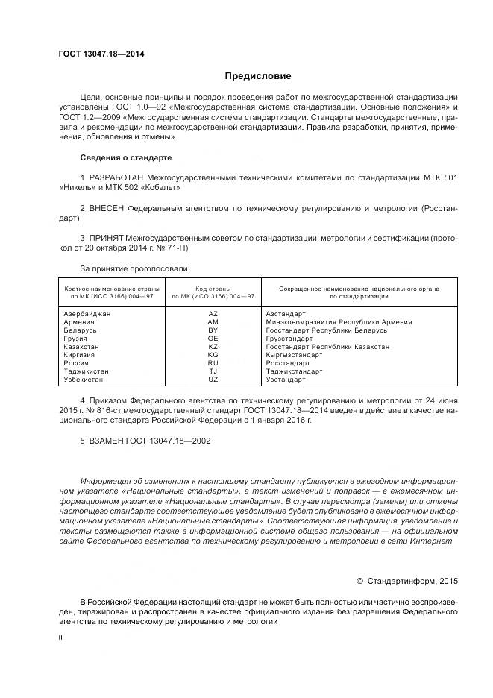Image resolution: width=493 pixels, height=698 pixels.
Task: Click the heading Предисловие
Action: [258, 76]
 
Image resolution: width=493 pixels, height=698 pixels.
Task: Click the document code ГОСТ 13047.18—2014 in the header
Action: [102, 54]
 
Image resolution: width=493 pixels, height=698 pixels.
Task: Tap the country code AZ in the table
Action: [213, 314]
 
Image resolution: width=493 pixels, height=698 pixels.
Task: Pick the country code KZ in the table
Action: [213, 347]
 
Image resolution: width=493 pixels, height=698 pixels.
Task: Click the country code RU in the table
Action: [213, 363]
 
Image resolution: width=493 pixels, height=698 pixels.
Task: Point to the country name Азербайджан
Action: [87, 314]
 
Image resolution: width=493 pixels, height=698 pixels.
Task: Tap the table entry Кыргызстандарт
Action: [295, 355]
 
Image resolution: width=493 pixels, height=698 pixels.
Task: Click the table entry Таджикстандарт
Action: [294, 371]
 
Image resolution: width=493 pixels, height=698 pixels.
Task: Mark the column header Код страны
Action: [213, 289]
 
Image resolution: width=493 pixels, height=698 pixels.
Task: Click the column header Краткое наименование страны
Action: [108, 289]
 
